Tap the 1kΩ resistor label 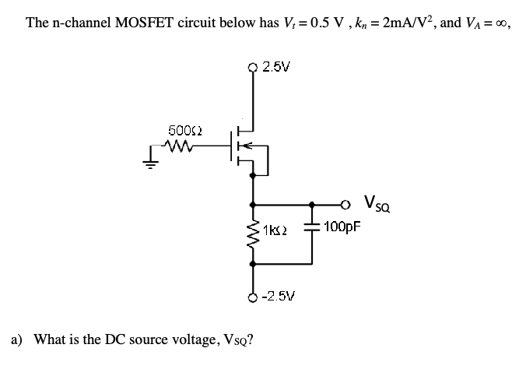(x=275, y=230)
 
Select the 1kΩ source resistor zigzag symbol (x=252, y=231)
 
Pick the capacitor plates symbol (x=313, y=227)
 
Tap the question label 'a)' (x=17, y=339)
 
